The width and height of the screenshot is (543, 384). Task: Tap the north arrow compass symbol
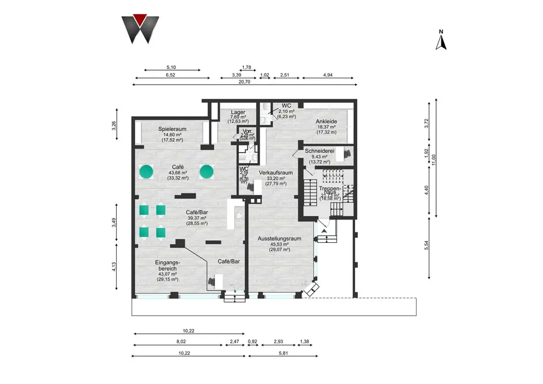441,40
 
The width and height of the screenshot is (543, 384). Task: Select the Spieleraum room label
173,129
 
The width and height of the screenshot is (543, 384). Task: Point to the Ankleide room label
327,122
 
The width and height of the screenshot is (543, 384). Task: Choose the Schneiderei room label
320,150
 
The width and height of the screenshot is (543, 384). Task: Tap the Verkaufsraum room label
276,172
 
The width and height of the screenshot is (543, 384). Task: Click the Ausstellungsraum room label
280,238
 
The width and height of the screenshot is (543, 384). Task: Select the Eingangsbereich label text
168,265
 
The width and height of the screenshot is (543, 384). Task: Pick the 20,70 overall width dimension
244,81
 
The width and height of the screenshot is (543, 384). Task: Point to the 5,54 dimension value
427,245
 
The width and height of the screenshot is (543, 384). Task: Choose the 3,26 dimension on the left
114,124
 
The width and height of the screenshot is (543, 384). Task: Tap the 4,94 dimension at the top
328,74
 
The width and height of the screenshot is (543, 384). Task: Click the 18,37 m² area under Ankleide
327,127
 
